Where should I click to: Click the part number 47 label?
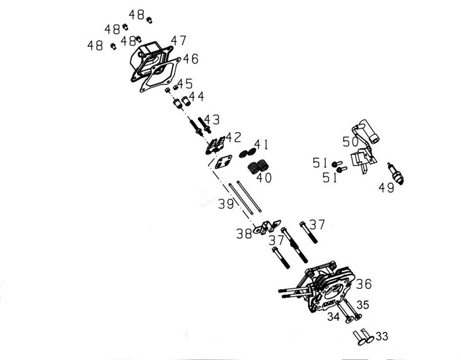(178, 41)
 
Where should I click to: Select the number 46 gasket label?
(190, 59)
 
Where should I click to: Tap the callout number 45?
(184, 84)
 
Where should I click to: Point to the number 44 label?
(196, 96)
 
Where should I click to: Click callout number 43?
(212, 120)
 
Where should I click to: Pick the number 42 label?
(233, 137)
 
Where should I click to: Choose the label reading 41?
(261, 144)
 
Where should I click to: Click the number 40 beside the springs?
(264, 178)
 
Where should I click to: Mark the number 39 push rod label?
(225, 205)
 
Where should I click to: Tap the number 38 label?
(244, 234)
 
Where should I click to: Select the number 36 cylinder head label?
(364, 284)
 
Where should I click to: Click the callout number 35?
(364, 304)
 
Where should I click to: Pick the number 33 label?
(381, 337)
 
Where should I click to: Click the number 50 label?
(350, 142)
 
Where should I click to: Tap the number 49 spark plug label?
(386, 188)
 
